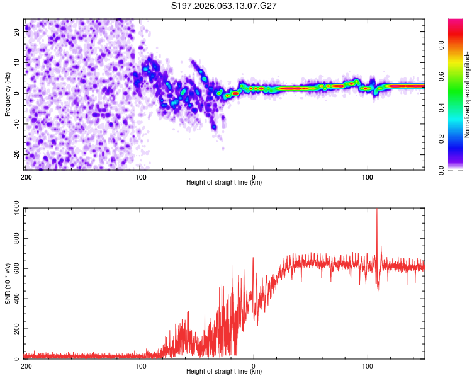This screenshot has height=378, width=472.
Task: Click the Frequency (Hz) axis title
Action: [8, 94]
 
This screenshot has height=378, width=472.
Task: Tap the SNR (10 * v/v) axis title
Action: [8, 284]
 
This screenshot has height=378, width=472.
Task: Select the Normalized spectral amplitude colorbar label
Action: [468, 94]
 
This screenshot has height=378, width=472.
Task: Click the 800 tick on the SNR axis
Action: [15, 239]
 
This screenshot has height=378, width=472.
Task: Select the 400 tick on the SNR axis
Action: [15, 299]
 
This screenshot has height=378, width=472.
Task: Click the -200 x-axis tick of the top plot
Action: [25, 176]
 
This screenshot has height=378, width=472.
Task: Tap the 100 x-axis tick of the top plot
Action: [368, 176]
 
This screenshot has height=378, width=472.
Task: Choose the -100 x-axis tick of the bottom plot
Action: [139, 366]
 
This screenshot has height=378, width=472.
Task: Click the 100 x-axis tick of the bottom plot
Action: [368, 366]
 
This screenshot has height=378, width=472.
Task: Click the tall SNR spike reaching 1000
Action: [377, 214]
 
